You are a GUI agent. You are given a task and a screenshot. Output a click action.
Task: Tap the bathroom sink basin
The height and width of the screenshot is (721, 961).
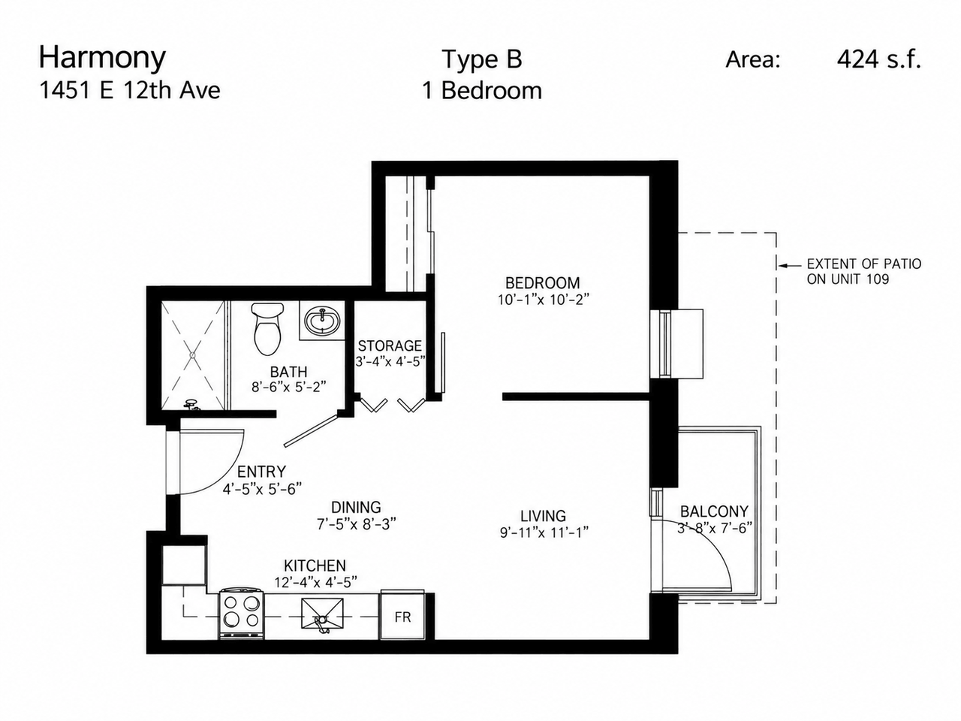point(322,321)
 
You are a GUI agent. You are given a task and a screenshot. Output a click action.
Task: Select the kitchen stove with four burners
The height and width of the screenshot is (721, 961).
point(241,614)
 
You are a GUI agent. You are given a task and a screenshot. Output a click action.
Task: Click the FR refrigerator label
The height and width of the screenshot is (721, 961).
point(402,617)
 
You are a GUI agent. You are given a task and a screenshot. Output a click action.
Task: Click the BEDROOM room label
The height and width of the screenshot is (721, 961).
point(543,283)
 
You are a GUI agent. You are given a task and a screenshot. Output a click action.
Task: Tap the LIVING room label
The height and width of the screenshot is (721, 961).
point(544,516)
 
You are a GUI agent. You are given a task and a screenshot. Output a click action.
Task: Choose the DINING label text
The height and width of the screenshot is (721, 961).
point(356,507)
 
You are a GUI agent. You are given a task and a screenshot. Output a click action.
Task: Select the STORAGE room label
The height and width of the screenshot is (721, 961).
point(390,345)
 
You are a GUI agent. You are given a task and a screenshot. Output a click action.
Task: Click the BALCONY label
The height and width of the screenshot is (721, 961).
point(714,511)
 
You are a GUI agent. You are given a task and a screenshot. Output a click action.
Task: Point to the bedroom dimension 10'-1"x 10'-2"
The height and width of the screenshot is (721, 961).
point(543,300)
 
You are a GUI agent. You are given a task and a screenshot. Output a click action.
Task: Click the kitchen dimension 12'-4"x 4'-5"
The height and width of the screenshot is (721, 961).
point(315,582)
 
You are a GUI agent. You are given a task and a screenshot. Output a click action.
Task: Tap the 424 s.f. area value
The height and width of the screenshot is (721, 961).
point(878,59)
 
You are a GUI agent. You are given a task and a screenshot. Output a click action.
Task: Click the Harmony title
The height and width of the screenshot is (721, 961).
point(102,58)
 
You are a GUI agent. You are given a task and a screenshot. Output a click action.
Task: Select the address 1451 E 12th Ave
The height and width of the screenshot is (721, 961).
point(130,91)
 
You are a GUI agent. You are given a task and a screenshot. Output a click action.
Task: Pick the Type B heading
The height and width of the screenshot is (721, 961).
point(482,59)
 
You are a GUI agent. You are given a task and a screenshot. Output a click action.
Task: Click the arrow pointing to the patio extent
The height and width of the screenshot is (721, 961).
point(789,265)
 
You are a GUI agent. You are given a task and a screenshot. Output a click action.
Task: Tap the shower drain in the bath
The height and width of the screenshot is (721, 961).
point(192,355)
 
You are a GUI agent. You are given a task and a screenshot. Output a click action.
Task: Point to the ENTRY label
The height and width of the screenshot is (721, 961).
point(261,472)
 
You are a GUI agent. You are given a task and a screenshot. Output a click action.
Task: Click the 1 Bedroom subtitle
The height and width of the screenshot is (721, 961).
point(482,91)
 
